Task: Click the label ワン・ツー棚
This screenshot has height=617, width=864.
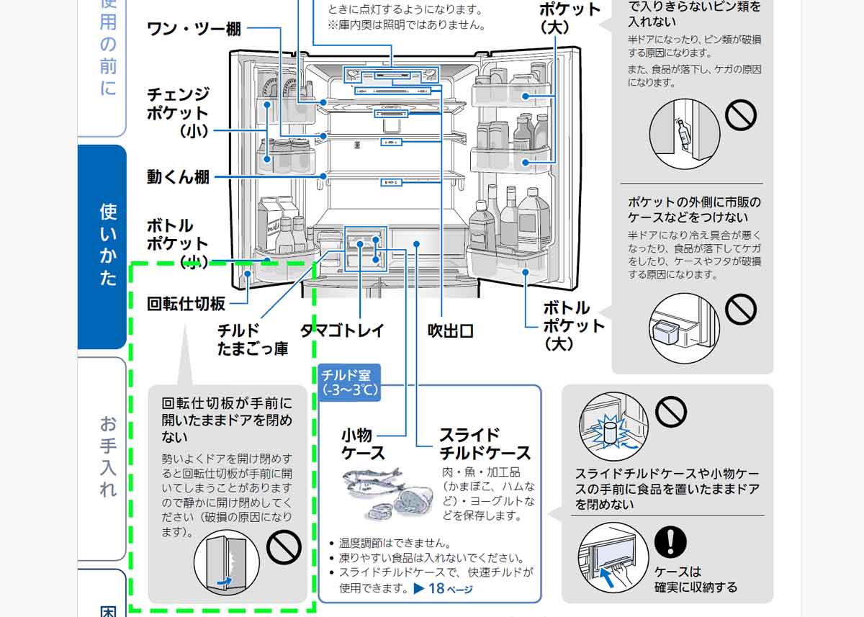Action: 194,29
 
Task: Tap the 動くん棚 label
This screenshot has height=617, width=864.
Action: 178,176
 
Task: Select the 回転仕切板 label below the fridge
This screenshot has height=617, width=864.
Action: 186,303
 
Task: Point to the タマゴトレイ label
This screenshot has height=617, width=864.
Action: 342,330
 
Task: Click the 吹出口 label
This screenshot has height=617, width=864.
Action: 451,330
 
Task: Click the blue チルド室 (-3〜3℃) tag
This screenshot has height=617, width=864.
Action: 349,382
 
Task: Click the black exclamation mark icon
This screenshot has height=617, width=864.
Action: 670,541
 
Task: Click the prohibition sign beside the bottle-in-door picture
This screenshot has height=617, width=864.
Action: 741,114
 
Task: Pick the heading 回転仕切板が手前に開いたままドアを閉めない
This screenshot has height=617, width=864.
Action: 227,419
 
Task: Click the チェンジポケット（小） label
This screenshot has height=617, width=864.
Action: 178,112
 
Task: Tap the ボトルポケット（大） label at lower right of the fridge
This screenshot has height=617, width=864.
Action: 573,325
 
